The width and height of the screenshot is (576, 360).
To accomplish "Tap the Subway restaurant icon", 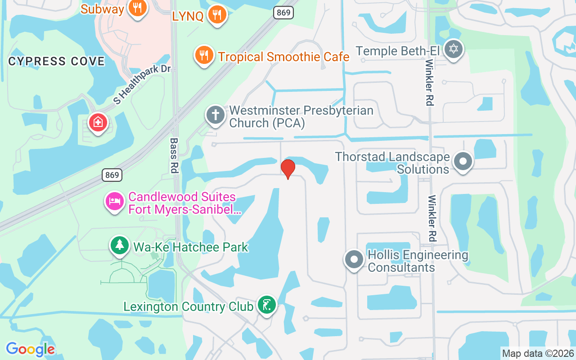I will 138,8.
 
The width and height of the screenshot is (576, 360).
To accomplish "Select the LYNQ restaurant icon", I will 217,15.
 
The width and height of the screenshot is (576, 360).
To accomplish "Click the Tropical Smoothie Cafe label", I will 283,57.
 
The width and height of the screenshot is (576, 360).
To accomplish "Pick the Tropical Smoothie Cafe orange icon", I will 204,55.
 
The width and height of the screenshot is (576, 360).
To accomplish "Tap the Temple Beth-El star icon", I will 453,49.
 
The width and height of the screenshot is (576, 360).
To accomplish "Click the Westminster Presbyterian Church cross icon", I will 216,115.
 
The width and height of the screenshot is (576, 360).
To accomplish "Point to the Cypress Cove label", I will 56,61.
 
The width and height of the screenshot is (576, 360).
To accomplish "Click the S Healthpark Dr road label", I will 143,85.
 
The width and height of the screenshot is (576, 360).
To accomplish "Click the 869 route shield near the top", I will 283,13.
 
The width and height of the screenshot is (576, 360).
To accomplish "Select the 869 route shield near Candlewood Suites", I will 112,175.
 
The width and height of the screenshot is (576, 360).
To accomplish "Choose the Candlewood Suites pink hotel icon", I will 115,200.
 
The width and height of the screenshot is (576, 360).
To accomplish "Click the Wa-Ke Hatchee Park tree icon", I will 120,245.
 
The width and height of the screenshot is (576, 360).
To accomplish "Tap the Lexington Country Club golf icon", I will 267,305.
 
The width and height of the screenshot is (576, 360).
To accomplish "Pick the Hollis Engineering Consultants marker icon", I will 354,260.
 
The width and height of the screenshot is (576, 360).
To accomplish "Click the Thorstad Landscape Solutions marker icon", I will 463,161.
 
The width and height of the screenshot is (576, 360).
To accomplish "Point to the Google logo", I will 30,349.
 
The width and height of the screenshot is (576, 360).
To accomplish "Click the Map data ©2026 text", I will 538,353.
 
